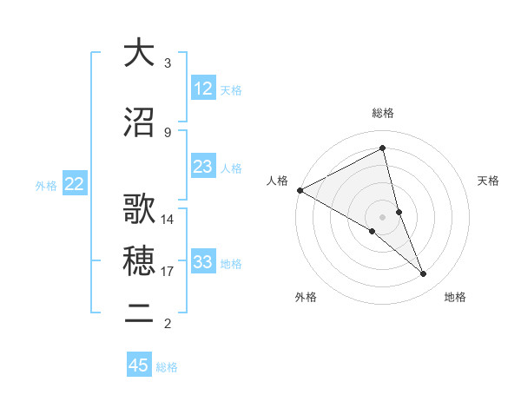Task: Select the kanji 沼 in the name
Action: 139,122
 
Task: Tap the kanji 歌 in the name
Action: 139,209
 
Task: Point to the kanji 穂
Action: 139,261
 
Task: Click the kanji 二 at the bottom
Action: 139,313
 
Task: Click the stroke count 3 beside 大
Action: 168,63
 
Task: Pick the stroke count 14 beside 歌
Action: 168,220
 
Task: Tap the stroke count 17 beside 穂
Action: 168,272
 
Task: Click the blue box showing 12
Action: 203,89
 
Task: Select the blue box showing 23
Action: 203,167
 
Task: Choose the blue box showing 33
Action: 203,262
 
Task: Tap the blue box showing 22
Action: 75,184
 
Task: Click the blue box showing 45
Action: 139,365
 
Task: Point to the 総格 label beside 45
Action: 168,367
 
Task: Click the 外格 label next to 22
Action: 46,185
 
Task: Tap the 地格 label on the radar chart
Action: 455,298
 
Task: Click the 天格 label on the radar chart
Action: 488,181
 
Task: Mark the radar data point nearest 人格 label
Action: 300,189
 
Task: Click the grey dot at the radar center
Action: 382,216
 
